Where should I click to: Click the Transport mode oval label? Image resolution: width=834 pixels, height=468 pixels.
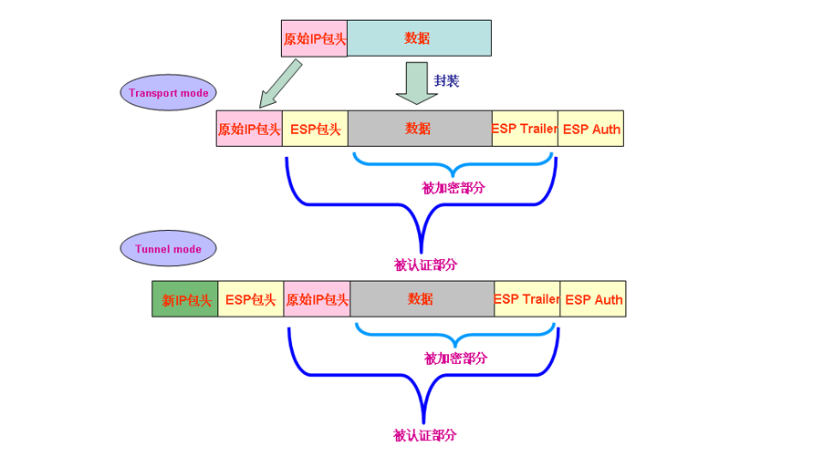tap(168, 93)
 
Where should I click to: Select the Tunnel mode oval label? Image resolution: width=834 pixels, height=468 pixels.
tap(168, 248)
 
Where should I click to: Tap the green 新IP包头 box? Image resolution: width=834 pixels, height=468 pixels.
tap(185, 299)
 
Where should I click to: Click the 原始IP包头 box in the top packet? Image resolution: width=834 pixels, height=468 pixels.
tap(314, 38)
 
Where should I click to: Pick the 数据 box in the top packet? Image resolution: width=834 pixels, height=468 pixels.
tap(419, 38)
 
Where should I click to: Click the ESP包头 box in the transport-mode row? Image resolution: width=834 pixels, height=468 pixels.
tap(315, 129)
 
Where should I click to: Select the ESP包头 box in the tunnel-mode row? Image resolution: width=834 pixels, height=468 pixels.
tap(251, 299)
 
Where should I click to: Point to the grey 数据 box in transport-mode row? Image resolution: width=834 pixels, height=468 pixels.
tap(419, 129)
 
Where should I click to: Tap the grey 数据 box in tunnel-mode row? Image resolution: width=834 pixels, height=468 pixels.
tap(422, 299)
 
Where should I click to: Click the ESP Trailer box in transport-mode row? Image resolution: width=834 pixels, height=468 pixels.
tap(525, 129)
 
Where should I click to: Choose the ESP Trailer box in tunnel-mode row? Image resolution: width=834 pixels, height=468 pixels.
tap(526, 299)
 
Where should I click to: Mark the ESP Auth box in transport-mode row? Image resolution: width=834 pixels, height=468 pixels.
tap(591, 129)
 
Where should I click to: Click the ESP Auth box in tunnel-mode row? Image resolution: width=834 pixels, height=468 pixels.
tap(593, 299)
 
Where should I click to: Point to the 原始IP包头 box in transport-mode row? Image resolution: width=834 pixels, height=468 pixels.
tap(249, 129)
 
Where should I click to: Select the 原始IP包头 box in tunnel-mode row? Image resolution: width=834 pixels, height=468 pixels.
tap(317, 299)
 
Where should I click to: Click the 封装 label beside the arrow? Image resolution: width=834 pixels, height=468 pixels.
tap(446, 80)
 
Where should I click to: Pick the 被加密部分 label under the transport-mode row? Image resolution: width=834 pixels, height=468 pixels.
tap(453, 188)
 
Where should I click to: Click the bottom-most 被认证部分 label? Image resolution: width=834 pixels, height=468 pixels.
tap(424, 435)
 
